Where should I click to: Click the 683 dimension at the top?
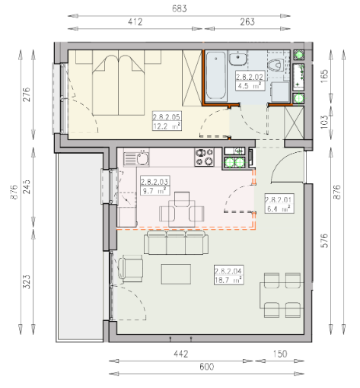[x=180, y=8]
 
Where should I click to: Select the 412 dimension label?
[x=135, y=22]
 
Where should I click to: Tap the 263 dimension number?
[x=247, y=22]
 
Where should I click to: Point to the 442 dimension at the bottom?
[x=181, y=354]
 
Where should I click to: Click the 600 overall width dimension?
[x=207, y=367]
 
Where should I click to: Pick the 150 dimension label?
[x=280, y=354]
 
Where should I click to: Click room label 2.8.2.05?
[x=167, y=117]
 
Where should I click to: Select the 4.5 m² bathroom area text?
[x=250, y=86]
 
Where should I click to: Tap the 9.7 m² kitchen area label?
[x=155, y=190]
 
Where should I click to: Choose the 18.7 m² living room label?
[x=228, y=280]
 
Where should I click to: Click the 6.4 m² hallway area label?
[x=279, y=208]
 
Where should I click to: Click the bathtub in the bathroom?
[x=216, y=75]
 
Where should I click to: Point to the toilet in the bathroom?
[x=276, y=65]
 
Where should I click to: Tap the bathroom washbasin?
[x=237, y=58]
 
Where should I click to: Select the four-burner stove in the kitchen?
[x=204, y=157]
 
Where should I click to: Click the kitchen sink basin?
[x=143, y=158]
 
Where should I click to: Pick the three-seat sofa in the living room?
[x=177, y=243]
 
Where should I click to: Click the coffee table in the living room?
[x=176, y=274]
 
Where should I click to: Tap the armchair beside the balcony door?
[x=130, y=269]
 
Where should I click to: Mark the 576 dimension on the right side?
[x=325, y=240]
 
